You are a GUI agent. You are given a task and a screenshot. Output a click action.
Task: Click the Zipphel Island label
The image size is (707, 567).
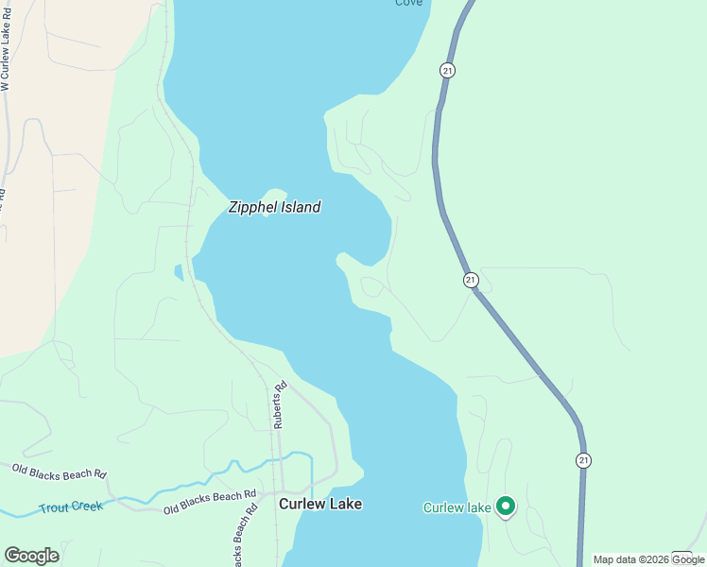pos(274,207)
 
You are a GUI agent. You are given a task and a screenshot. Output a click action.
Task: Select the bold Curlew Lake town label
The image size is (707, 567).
pos(319,504)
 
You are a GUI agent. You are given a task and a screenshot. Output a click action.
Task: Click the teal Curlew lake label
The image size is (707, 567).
pos(457,507)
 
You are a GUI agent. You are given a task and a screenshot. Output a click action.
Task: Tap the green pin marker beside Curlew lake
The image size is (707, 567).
pos(506,507)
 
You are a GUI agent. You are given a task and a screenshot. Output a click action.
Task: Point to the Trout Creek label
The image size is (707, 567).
pos(71,507)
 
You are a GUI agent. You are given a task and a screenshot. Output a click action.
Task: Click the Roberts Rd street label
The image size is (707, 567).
pos(279,405)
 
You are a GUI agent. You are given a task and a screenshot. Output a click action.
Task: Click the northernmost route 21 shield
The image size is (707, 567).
pos(447,70)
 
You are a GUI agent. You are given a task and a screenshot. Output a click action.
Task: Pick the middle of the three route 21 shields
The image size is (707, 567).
pos(471,280)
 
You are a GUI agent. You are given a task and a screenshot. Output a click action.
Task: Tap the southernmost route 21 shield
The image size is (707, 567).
pos(583,460)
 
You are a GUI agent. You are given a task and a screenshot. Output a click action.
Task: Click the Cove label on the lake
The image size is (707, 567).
pos(408,3)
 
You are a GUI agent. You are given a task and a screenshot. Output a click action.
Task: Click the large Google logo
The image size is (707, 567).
pos(31,555)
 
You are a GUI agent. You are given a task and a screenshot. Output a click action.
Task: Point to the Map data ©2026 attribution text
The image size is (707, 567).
pos(631,559)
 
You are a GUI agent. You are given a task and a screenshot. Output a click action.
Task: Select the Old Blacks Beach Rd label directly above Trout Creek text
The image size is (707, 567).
pos(59,470)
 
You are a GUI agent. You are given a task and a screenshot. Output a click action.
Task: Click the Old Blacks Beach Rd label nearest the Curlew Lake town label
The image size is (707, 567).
pos(210,502)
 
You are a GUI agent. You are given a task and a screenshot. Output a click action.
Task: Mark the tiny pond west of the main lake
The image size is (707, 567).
pos(179,272)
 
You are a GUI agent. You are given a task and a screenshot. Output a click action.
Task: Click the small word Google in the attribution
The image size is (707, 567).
pos(688,559)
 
